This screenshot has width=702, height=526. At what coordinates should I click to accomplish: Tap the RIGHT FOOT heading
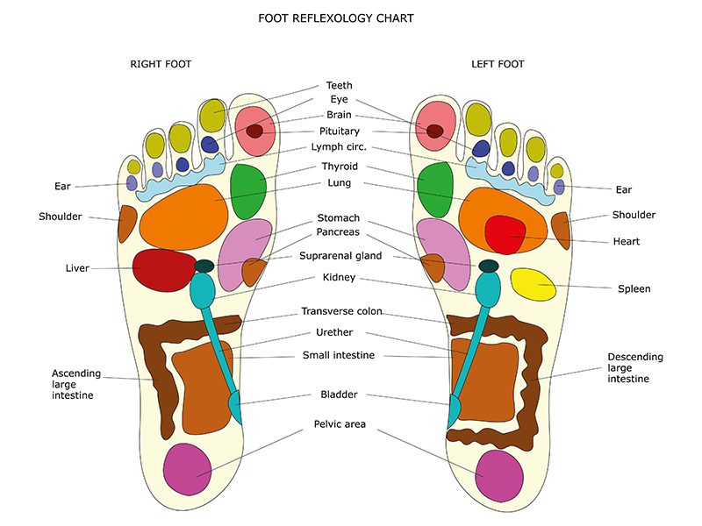point(161,64)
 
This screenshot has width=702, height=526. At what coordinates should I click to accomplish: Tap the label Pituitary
point(339,131)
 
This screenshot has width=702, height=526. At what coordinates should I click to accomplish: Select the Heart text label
point(627,241)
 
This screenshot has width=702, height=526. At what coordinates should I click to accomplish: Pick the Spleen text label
point(634,288)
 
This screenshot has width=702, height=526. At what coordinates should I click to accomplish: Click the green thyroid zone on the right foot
point(248,190)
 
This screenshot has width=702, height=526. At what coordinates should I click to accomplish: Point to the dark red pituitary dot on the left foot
point(434,131)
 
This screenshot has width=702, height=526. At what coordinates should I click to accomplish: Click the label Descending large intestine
point(635,368)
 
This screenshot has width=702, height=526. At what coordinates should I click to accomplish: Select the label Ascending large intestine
point(73,384)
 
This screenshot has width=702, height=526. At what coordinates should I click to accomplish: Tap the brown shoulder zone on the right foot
point(127,224)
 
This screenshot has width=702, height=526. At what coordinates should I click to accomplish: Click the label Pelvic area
point(340,424)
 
